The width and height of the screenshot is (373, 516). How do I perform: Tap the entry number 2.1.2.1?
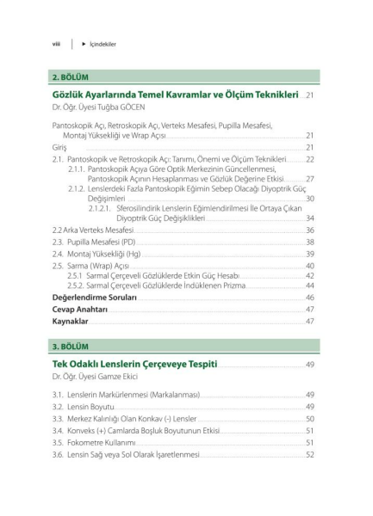point(102,208)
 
